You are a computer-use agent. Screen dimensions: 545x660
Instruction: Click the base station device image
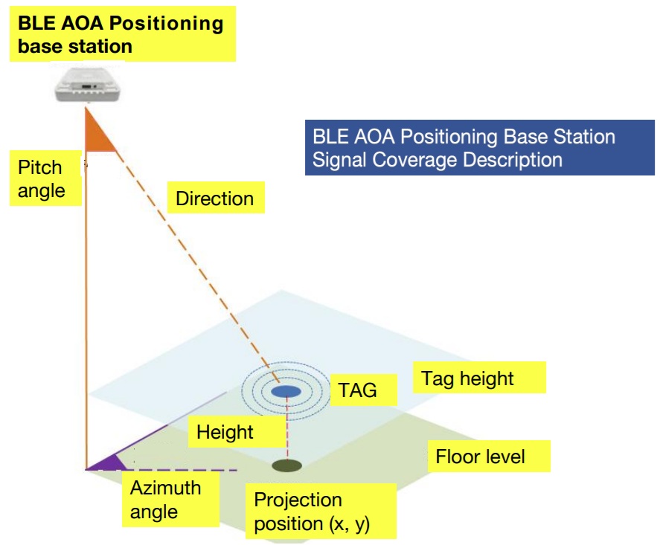88,85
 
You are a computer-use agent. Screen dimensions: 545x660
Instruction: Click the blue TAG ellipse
286,391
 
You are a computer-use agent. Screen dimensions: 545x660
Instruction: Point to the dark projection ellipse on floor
286,466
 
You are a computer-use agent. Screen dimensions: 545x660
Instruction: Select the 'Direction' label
214,199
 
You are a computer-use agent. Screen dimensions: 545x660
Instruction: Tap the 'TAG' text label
358,390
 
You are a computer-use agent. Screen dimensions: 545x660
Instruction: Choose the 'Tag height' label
467,378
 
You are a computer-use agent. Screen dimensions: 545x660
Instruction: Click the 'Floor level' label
480,456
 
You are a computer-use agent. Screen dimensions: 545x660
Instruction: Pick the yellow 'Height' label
225,432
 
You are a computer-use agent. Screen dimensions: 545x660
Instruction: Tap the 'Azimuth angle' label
165,500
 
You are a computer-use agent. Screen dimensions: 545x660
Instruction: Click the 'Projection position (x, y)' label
312,512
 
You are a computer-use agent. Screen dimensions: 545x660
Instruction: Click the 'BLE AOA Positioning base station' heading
120,34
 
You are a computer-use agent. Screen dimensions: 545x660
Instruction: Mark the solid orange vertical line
86,312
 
